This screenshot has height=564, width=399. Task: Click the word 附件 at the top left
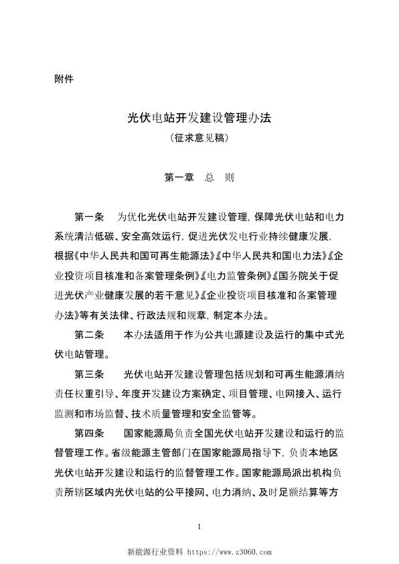[x=63, y=78]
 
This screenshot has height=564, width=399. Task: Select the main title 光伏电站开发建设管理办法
[x=202, y=119]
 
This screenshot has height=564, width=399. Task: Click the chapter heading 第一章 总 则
[x=199, y=178]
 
